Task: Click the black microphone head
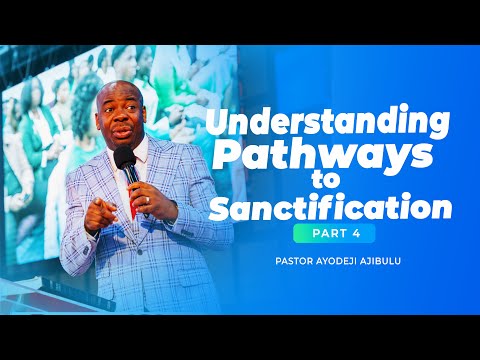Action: tap(124, 160)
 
